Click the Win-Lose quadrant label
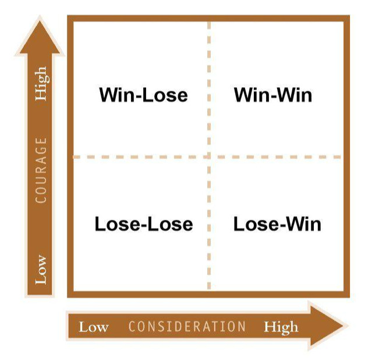143,95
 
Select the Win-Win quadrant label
272,95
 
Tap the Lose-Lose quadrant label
143,224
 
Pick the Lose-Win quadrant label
277,224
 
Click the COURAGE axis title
41,170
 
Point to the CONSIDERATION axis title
187,326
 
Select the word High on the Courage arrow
41,85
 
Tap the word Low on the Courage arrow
41,269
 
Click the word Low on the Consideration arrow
93,326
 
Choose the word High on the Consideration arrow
281,326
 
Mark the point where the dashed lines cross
209,157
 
